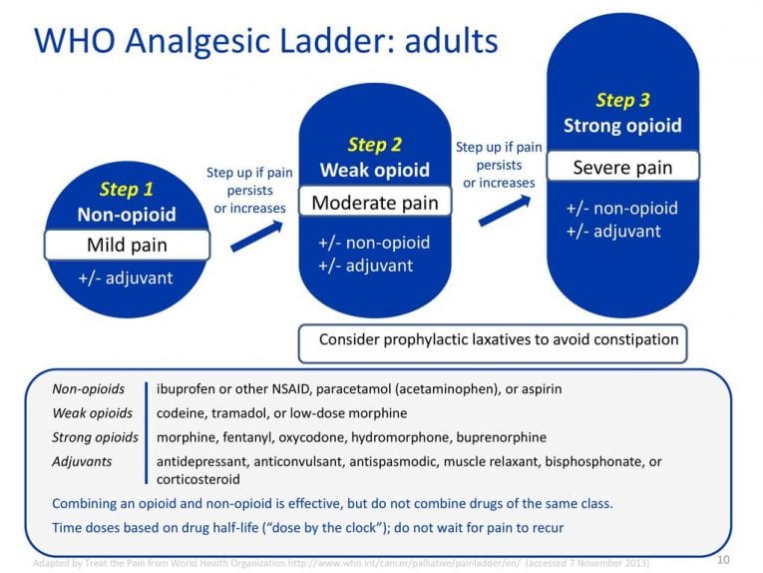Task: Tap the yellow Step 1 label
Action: pos(126,190)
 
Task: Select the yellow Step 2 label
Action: pos(374,145)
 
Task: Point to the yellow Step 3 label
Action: pos(622,100)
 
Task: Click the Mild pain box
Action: pos(127,245)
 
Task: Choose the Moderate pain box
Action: pos(374,203)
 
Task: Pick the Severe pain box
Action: pos(622,167)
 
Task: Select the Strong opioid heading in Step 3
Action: pos(622,126)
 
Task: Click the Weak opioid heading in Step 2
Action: pos(374,170)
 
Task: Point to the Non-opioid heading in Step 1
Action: pos(126,215)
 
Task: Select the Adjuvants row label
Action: pos(82,461)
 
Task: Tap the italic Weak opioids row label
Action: pos(92,413)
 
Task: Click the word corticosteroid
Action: pos(198,479)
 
